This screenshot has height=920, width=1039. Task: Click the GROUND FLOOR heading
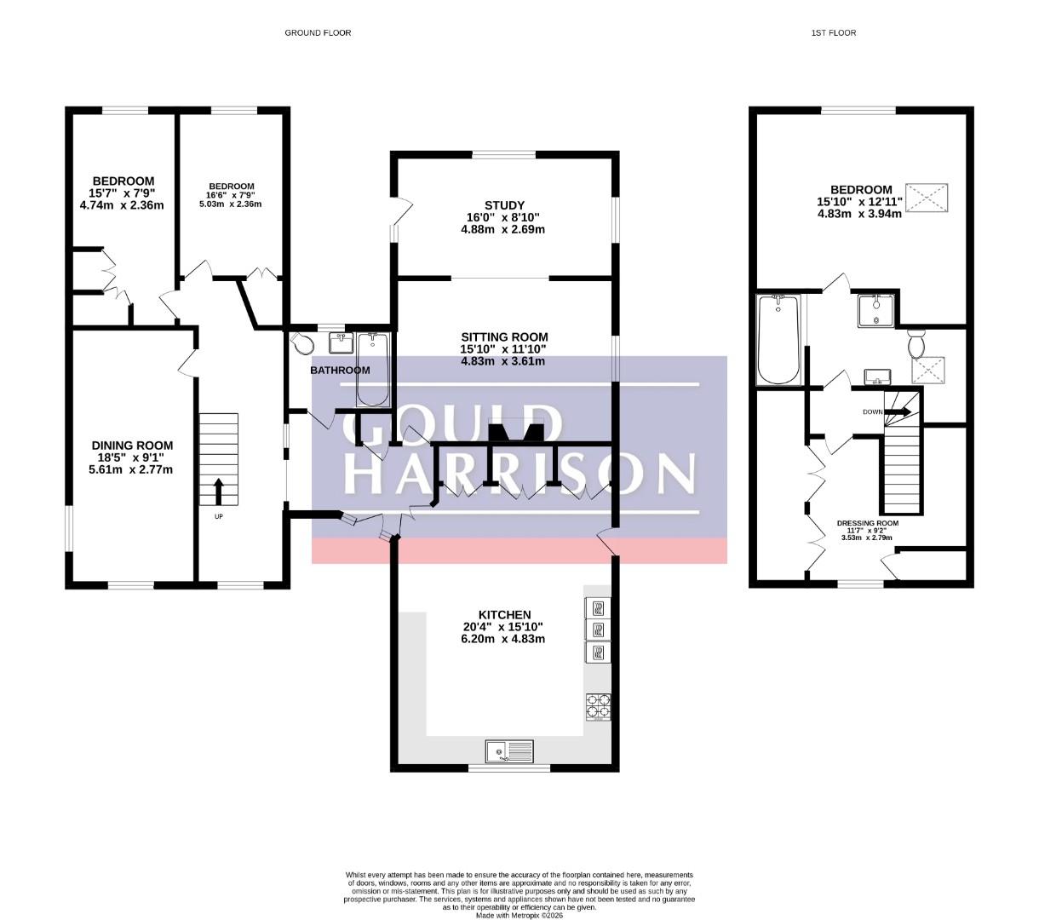[318, 33]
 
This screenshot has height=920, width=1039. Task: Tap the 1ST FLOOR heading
[834, 33]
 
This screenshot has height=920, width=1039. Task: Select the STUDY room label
[505, 205]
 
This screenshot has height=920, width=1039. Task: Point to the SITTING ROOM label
[505, 337]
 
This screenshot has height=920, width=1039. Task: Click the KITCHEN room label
[505, 615]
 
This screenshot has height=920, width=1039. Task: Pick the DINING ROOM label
[132, 446]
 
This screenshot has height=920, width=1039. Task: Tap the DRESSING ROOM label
[868, 523]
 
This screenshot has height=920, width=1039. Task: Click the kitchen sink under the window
[510, 751]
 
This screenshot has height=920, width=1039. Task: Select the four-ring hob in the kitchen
[599, 706]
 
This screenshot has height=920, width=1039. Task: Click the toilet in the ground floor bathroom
[302, 343]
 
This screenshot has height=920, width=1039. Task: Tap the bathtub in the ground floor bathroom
[373, 370]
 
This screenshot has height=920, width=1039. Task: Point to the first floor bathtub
[778, 339]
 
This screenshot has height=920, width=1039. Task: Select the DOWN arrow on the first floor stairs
[898, 411]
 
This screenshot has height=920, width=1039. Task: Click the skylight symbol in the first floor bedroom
[927, 198]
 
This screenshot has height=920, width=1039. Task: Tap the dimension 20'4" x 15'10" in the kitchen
[505, 626]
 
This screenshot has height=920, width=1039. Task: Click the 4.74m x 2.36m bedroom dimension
[122, 205]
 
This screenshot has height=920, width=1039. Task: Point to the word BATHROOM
[340, 370]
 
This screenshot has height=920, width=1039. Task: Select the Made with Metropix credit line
[519, 916]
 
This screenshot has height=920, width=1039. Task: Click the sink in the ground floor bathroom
[341, 342]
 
